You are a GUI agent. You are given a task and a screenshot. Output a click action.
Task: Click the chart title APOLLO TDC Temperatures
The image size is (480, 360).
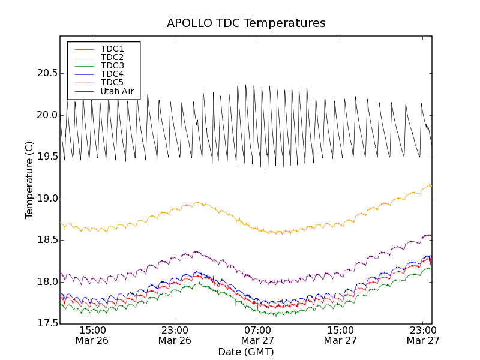coord(246,23)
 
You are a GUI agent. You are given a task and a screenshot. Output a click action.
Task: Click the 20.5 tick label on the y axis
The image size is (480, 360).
coord(46,73)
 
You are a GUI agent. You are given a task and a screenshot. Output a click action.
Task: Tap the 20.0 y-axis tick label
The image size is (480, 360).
coord(46,115)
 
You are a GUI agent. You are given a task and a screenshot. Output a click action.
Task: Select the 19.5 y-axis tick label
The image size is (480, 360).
coord(46,157)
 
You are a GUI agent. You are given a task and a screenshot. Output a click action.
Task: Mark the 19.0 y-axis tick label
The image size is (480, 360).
coord(46,199)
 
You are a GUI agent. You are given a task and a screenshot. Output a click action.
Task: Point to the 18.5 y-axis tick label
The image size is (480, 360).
coord(46,240)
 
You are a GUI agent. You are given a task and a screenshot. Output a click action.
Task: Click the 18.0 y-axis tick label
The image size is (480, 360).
coord(46,282)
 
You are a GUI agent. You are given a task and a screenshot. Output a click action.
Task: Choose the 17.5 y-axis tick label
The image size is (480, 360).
coord(46,324)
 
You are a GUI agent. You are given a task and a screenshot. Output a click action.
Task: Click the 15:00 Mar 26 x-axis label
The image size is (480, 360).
coord(92,335)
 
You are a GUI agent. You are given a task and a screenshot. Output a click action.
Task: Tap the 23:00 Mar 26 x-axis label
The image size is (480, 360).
coord(175,335)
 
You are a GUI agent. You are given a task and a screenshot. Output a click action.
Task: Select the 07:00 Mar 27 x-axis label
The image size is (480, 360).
coord(257,335)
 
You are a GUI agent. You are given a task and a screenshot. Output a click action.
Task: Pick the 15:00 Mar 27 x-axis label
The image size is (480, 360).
coord(340,335)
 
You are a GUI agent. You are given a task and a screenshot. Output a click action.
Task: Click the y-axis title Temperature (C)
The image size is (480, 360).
coord(29,180)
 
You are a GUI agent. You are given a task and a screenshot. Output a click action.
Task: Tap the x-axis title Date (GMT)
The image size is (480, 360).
coord(246,352)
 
